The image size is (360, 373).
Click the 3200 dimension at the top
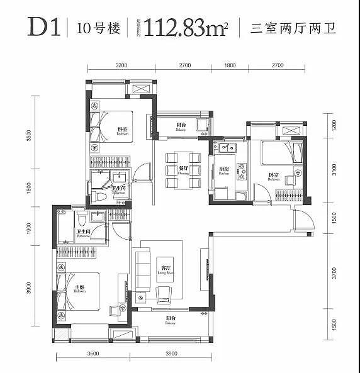pyautogui.click(x=121, y=65)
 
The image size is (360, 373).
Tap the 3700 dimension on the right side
pyautogui.click(x=334, y=273)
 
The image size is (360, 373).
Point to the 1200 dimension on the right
pyautogui.click(x=334, y=125)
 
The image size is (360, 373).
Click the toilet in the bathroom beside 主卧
pyautogui.click(x=81, y=221)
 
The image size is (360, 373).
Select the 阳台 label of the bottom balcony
pyautogui.click(x=170, y=320)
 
